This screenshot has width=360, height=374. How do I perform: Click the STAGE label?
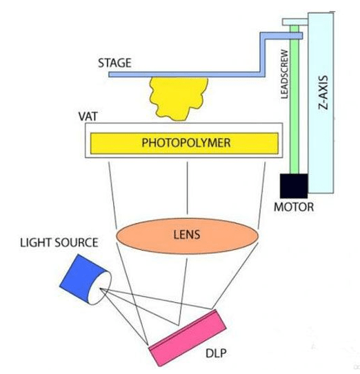tap(114, 63)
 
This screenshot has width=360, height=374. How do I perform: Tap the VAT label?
tap(88, 117)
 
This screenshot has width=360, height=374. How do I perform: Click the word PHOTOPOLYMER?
tap(186, 143)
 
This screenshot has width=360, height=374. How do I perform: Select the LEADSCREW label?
tap(285, 75)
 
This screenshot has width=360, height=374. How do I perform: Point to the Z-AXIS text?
tap(323, 92)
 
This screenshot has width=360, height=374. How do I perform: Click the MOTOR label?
tap(294, 207)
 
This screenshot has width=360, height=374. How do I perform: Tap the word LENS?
tap(187, 235)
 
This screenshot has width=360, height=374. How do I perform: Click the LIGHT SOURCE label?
tap(59, 243)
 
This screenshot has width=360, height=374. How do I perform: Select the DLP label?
tap(216, 353)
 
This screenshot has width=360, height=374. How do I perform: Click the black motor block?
tap(294, 186)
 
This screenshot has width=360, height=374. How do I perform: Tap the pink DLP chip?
tap(188, 337)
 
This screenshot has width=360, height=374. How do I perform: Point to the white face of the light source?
tap(100, 288)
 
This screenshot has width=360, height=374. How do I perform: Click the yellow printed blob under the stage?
tap(179, 98)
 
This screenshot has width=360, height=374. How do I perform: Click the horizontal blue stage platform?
tap(187, 75)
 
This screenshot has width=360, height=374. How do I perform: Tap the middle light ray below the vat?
tap(187, 188)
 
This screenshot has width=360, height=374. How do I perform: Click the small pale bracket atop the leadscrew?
tap(295, 22)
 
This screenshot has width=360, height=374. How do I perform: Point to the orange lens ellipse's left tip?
tap(116, 236)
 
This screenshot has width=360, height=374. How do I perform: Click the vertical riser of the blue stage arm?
tap(263, 55)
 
